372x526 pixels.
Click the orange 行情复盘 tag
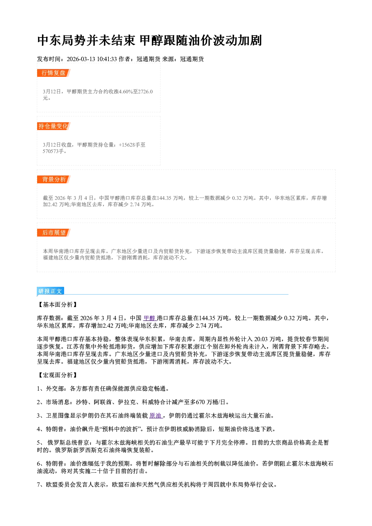54,73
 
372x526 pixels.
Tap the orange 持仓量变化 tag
54,126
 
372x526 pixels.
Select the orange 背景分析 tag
54,180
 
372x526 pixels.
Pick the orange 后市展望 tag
54,233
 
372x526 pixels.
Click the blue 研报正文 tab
50,291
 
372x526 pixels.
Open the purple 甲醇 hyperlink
150,318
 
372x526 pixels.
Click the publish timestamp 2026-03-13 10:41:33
92,59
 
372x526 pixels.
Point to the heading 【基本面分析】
57,305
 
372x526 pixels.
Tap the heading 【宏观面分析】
57,375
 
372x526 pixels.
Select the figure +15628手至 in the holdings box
132,145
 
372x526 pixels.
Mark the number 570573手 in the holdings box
53,151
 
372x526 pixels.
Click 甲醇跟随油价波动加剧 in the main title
201,40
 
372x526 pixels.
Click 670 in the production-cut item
200,402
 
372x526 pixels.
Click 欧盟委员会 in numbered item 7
61,484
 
